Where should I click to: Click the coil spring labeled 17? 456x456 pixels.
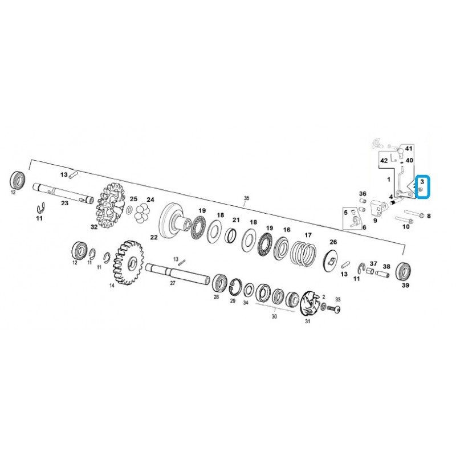coord(303,253)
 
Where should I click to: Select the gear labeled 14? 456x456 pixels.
coord(128,262)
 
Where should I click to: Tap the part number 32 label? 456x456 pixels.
coord(94,226)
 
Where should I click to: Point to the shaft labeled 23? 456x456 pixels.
coord(63,193)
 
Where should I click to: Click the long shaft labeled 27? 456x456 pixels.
coord(178,272)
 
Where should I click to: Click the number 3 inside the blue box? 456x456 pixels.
coord(422,182)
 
